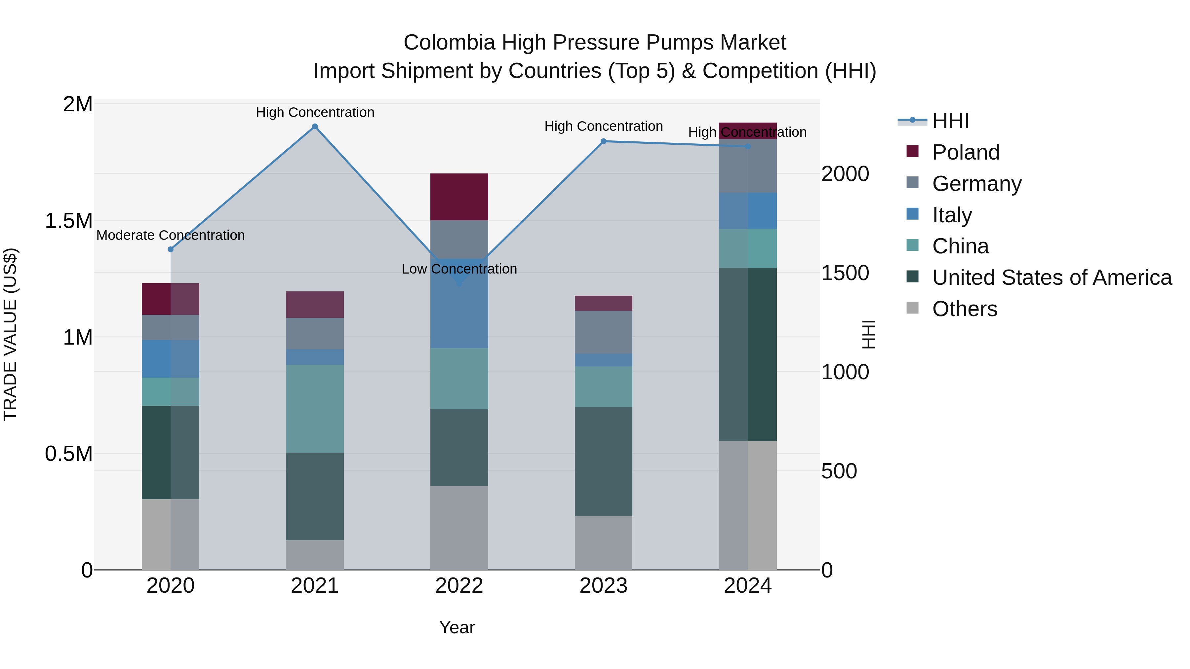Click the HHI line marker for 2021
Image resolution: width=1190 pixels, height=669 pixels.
pyautogui.click(x=315, y=127)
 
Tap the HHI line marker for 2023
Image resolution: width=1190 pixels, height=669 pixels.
pyautogui.click(x=603, y=141)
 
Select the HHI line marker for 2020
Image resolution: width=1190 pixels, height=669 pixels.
pyautogui.click(x=171, y=249)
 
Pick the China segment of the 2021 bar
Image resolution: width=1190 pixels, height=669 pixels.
pyautogui.click(x=315, y=409)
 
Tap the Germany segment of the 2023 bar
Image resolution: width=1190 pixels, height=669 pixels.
pyautogui.click(x=603, y=332)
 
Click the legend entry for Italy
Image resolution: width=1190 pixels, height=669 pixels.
pyautogui.click(x=952, y=215)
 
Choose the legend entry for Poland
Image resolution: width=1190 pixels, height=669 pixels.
pyautogui.click(x=966, y=152)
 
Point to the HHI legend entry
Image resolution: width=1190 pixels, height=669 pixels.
pyautogui.click(x=950, y=121)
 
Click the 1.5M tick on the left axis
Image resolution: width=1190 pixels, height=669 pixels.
pyautogui.click(x=68, y=221)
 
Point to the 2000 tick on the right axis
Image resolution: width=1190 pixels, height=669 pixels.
pyautogui.click(x=845, y=174)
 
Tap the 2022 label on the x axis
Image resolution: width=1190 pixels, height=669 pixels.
pyautogui.click(x=459, y=586)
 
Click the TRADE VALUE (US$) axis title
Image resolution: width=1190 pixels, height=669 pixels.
pyautogui.click(x=10, y=334)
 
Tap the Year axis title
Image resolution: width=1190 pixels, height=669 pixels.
pyautogui.click(x=457, y=627)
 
